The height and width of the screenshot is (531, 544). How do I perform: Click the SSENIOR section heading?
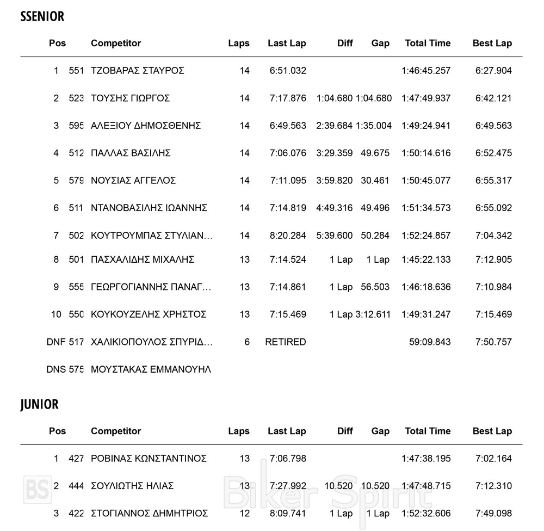click(x=42, y=17)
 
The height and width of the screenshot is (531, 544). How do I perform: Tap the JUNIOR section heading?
click(x=39, y=405)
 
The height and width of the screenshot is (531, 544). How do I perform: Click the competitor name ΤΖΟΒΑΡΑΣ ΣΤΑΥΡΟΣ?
click(x=138, y=71)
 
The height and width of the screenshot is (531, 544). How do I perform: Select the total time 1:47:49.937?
click(x=426, y=98)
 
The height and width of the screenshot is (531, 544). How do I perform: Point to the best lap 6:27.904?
click(x=493, y=71)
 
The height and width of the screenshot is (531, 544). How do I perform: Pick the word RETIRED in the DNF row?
click(x=286, y=342)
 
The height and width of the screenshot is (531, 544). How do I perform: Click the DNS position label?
click(x=56, y=370)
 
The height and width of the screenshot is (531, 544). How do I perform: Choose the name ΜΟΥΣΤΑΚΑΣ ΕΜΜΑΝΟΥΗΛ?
click(x=151, y=370)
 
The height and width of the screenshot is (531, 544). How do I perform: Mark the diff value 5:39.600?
click(x=334, y=236)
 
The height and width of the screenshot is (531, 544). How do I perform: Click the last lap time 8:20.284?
click(x=288, y=236)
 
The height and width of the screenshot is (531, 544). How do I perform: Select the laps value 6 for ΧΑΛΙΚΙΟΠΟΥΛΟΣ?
click(x=247, y=342)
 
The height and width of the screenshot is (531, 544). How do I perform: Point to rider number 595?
click(x=76, y=126)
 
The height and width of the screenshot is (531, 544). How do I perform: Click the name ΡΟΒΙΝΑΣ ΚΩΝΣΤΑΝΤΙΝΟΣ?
click(x=149, y=459)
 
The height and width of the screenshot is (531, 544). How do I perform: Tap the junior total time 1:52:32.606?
click(x=426, y=514)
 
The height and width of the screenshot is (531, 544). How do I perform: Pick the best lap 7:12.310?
click(x=493, y=486)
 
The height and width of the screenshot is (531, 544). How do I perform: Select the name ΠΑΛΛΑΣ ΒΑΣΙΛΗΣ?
click(x=131, y=153)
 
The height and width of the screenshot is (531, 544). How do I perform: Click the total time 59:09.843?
click(x=430, y=342)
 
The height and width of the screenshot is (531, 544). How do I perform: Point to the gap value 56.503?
click(x=375, y=287)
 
